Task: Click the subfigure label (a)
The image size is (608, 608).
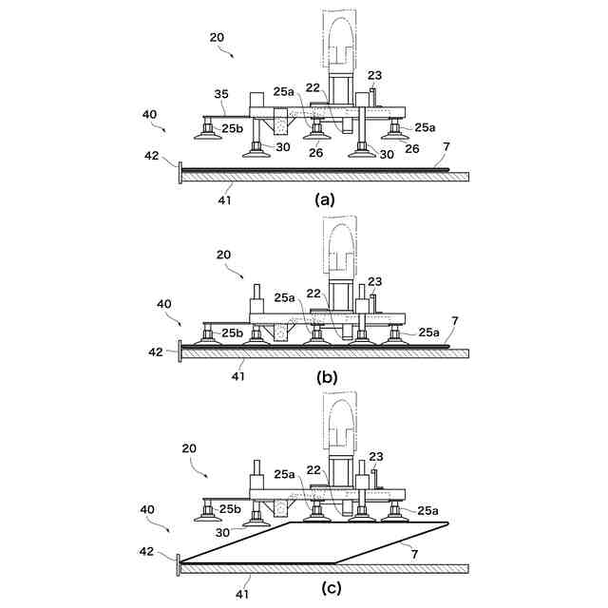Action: [x=325, y=199]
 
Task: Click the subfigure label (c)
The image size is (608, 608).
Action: [x=331, y=588]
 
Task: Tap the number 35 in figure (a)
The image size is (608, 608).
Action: [x=221, y=94]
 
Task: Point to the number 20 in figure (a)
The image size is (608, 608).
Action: [x=217, y=37]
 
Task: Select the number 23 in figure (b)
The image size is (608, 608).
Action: [x=375, y=281]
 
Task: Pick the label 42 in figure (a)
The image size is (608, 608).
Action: [x=152, y=156]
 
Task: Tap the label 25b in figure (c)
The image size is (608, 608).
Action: [x=231, y=508]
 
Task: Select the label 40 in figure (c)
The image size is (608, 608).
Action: [x=148, y=509]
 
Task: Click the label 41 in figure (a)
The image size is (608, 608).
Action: [x=225, y=200]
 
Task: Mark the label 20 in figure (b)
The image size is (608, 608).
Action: [x=223, y=254]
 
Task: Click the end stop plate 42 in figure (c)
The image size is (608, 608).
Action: [x=179, y=565]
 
